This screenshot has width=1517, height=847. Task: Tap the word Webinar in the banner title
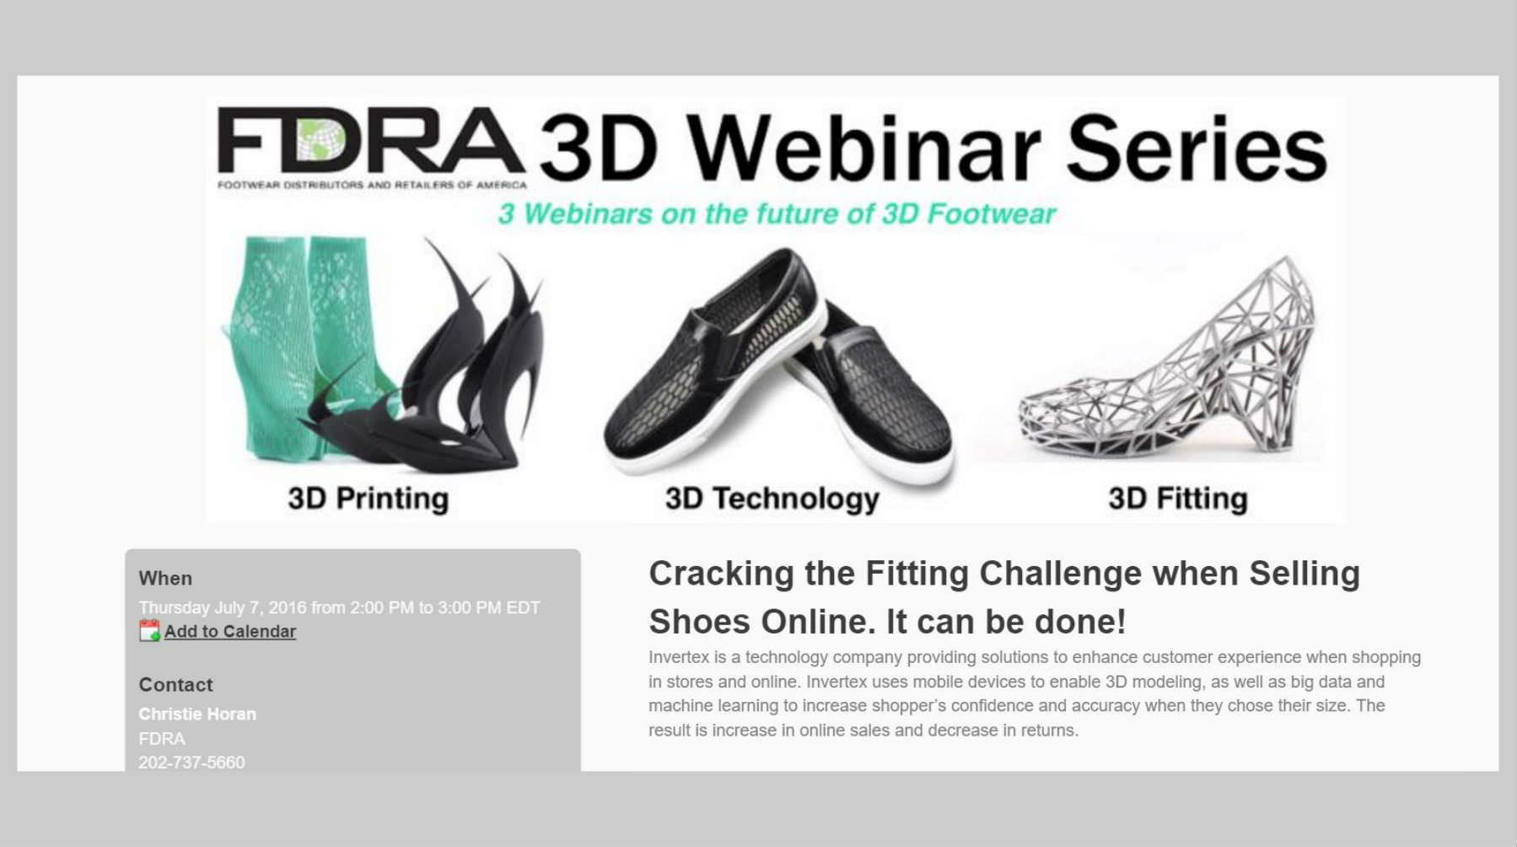point(863,148)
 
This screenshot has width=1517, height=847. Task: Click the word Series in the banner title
point(1197,148)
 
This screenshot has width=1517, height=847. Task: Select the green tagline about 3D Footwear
point(777,213)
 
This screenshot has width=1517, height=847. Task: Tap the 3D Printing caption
point(368,499)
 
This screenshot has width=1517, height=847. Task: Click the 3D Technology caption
point(772,499)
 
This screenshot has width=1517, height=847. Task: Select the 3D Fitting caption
point(1178,499)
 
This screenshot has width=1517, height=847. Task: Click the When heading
point(165,578)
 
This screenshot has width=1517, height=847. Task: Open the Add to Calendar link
point(230,631)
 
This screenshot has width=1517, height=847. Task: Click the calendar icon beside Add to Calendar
point(149,630)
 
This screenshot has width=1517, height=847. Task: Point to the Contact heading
point(175,684)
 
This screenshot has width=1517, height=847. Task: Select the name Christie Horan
point(197,714)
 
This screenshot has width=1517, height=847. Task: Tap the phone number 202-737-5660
point(191,762)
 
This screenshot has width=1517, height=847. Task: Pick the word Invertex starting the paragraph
point(679,657)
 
